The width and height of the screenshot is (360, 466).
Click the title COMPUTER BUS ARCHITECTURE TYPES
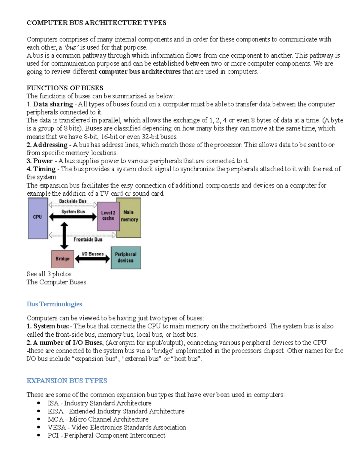click(96, 23)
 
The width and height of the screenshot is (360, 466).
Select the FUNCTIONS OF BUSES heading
click(65, 88)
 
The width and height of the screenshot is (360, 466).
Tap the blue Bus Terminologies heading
click(54, 304)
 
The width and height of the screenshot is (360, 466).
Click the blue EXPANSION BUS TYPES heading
click(67, 380)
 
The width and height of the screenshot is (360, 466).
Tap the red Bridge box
click(62, 259)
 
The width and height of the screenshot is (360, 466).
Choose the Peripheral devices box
click(126, 257)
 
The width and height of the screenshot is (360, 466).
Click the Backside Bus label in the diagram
click(73, 201)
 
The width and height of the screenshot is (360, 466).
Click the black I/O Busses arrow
click(92, 259)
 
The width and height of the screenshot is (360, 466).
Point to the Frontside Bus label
click(88, 239)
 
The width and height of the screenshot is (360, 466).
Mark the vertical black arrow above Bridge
click(64, 236)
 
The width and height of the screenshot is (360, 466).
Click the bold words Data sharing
click(53, 104)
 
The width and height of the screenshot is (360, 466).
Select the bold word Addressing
click(50, 145)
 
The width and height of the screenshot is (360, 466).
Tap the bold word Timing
click(44, 169)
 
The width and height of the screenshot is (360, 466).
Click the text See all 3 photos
click(49, 274)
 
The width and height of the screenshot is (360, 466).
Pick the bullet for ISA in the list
click(38, 403)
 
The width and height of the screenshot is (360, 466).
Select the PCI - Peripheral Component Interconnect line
click(106, 435)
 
